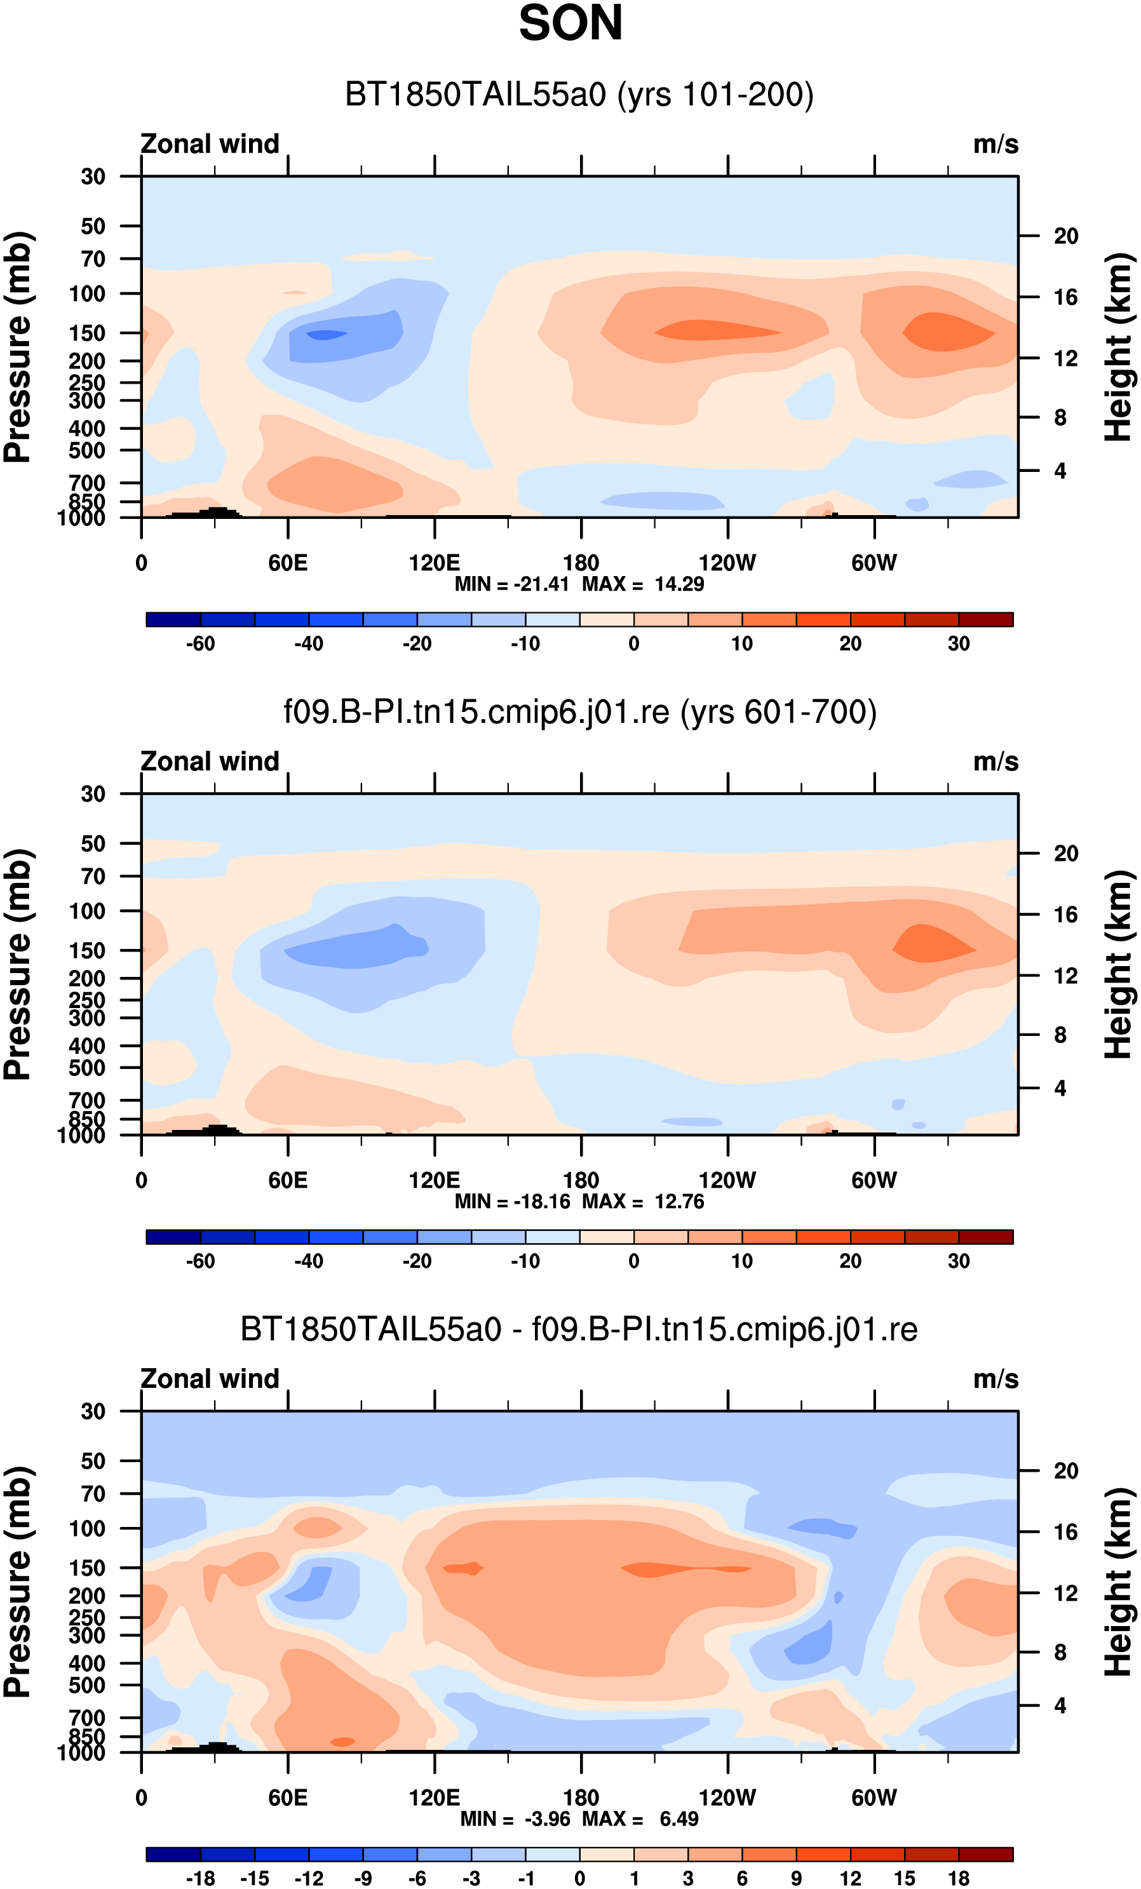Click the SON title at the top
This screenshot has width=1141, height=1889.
pyautogui.click(x=570, y=23)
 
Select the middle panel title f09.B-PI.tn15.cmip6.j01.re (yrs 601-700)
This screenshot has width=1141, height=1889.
pyautogui.click(x=579, y=711)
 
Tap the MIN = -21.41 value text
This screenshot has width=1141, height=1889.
pyautogui.click(x=511, y=584)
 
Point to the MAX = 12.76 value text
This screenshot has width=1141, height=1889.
pyautogui.click(x=642, y=1201)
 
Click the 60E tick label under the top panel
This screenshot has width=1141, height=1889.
pyautogui.click(x=288, y=563)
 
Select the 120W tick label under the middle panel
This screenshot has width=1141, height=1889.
pyautogui.click(x=727, y=1180)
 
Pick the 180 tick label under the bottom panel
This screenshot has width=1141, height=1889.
pyautogui.click(x=581, y=1797)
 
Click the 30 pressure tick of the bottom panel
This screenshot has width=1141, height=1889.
pyautogui.click(x=93, y=1411)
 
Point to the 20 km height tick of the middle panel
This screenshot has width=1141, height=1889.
pyautogui.click(x=1066, y=853)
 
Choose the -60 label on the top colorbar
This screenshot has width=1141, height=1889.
pyautogui.click(x=200, y=643)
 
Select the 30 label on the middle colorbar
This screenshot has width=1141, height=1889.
pyautogui.click(x=959, y=1260)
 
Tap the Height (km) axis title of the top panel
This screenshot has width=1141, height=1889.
pyautogui.click(x=1118, y=347)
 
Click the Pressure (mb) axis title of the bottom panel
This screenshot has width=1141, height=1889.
pyautogui.click(x=17, y=1582)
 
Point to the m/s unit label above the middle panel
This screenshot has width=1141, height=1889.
pyautogui.click(x=996, y=762)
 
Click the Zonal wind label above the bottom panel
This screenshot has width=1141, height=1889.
pyautogui.click(x=210, y=1378)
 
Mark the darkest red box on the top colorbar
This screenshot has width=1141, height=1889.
pyautogui.click(x=985, y=619)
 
